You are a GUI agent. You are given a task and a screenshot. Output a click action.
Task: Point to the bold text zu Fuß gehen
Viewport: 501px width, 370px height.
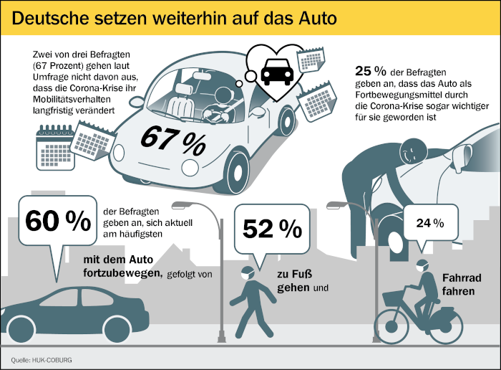pyautogui.click(x=297, y=283)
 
